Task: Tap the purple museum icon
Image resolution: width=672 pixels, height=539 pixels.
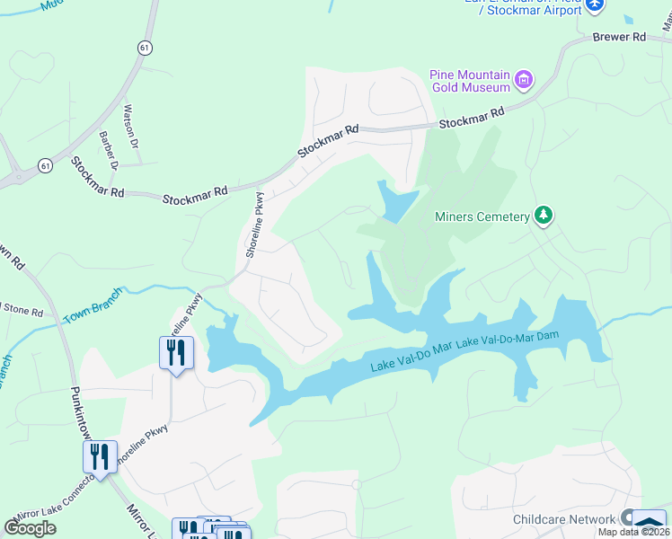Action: tap(524, 81)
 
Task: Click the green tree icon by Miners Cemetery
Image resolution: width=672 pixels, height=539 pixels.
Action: tap(543, 216)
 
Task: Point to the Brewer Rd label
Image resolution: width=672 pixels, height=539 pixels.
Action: tap(619, 38)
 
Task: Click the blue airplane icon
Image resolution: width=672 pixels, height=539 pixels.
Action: tap(594, 6)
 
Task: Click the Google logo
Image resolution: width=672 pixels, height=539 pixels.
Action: tap(30, 528)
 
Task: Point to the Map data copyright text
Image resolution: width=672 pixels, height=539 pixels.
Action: tap(633, 532)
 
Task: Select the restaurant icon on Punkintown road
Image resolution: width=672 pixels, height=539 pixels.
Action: tap(99, 456)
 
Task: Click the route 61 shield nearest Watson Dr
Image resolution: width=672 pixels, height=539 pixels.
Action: tap(145, 47)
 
